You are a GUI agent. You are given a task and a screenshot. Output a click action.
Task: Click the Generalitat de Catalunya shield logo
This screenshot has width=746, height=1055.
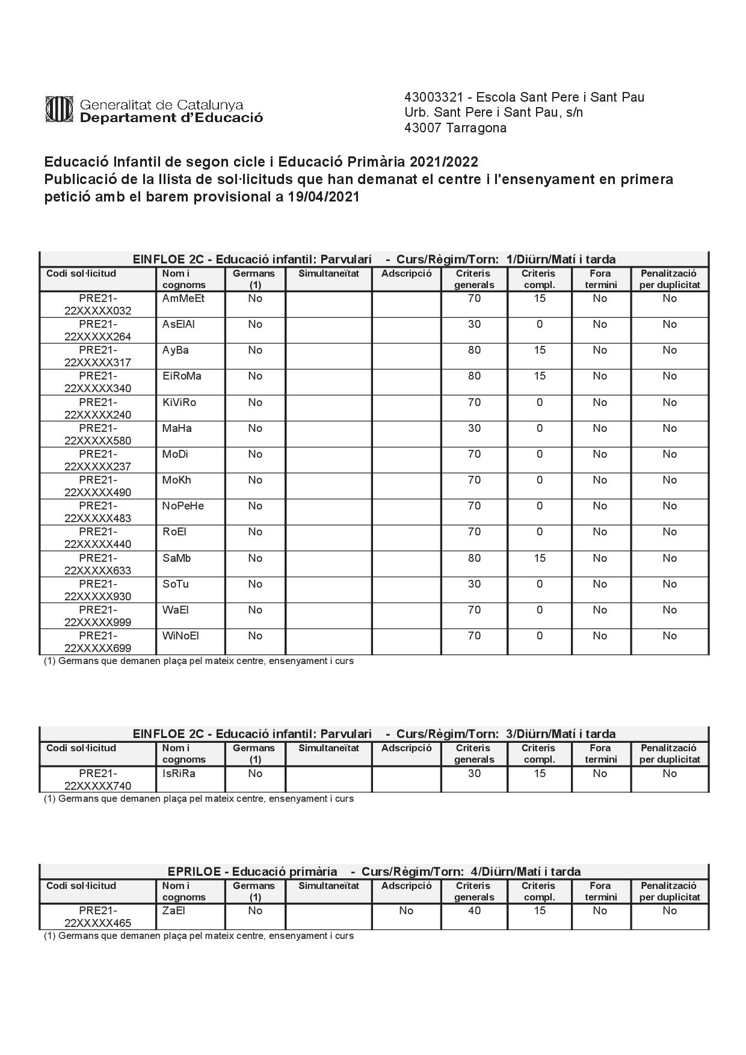[x=59, y=109]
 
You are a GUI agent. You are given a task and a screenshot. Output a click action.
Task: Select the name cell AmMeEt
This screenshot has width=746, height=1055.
[x=183, y=299]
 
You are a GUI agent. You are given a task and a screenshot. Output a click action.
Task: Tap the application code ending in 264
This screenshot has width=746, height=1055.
[x=97, y=330]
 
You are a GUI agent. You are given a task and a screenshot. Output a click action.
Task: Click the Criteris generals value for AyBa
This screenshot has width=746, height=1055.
[x=474, y=350]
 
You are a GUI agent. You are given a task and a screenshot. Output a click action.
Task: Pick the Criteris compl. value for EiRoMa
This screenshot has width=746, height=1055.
[x=539, y=376]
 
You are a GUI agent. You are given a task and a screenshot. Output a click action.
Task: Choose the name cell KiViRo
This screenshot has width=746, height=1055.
[x=179, y=402]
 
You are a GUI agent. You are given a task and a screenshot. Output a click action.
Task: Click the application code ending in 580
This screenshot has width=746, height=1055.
[x=97, y=434]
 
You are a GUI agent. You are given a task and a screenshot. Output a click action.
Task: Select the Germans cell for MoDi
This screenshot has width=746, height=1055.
[x=255, y=454]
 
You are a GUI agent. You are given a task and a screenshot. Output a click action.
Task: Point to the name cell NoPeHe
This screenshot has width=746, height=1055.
[x=183, y=506]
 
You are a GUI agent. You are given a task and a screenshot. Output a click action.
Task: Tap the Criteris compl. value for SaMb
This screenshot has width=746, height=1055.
[x=539, y=558]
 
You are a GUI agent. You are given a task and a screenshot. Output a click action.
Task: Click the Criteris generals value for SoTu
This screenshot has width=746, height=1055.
[x=474, y=584]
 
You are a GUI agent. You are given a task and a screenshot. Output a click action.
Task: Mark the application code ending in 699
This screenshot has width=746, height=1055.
[x=97, y=642]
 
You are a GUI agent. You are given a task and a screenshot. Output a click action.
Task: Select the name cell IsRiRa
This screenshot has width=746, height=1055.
[x=179, y=774]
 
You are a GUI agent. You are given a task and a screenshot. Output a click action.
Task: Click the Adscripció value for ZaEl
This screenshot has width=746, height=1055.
[x=406, y=911]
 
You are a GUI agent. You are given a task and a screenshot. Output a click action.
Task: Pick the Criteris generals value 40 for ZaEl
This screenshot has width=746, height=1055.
[x=474, y=911]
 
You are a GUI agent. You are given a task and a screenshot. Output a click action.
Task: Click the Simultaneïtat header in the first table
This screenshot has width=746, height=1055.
[x=328, y=274]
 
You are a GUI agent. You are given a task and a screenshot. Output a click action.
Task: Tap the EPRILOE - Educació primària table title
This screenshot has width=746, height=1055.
[x=253, y=872]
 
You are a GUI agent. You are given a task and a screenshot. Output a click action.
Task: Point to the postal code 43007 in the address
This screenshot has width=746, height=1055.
[x=423, y=128]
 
